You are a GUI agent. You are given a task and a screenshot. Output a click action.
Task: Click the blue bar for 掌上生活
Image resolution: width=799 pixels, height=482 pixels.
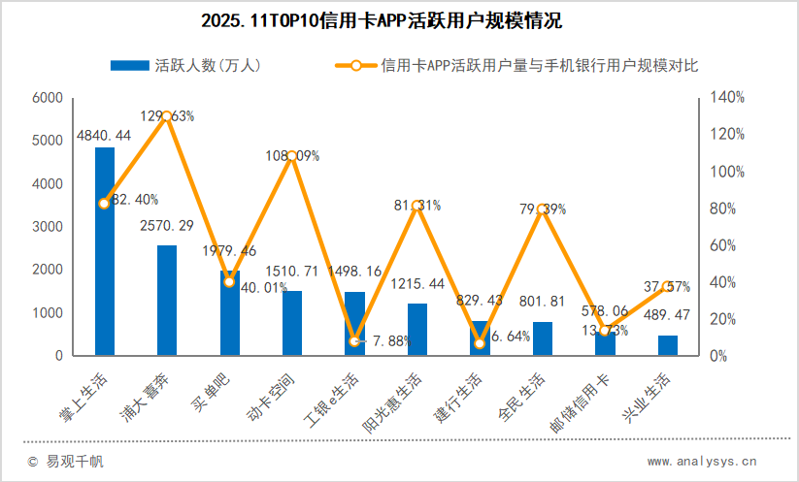click(104, 251)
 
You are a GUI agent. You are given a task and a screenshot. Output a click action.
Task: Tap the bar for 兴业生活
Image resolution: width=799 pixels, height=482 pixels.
click(668, 345)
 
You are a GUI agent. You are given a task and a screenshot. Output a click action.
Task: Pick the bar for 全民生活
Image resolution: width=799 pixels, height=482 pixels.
click(543, 338)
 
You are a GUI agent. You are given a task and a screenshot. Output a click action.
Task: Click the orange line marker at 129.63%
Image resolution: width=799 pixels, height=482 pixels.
click(167, 116)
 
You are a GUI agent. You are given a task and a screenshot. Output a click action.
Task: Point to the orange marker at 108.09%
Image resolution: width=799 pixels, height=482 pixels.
click(291, 156)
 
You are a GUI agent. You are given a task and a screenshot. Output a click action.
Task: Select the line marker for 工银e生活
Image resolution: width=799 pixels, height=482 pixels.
click(354, 341)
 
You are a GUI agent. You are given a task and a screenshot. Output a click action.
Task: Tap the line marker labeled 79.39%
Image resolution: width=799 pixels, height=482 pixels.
click(543, 209)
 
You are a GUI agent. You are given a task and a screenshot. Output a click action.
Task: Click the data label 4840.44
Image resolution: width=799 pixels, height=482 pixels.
click(104, 135)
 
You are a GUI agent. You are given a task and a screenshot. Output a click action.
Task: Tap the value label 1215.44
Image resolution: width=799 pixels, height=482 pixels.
click(417, 284)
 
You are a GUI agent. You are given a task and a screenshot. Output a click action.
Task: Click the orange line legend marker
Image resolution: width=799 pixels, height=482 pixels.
click(355, 66)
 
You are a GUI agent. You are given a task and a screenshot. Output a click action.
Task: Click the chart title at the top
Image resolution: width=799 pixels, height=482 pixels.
click(399, 19)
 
